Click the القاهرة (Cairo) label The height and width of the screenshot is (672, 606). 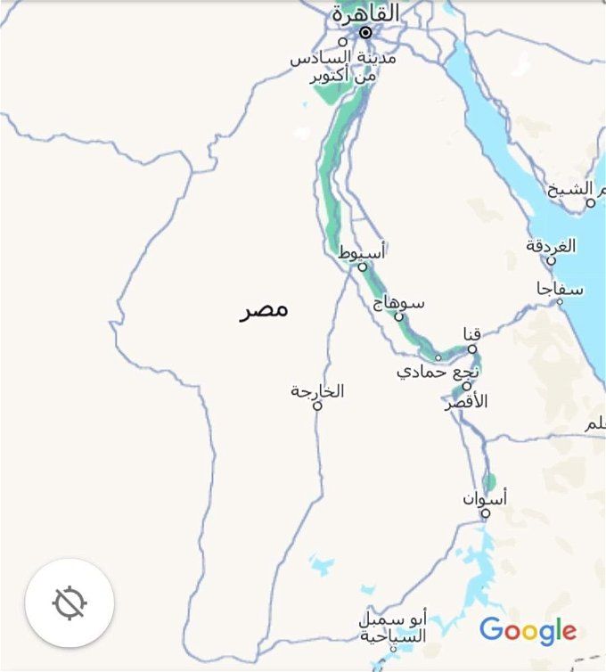pos(364,13)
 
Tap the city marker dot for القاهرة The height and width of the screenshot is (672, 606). pos(365,33)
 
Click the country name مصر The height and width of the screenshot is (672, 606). pos(265,309)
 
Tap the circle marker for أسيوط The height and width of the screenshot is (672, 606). pos(363,266)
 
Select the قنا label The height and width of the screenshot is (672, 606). pos(472,334)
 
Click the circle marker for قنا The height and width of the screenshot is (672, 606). pos(472,349)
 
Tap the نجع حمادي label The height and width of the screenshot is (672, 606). pos(439,370)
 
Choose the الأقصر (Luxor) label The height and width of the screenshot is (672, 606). pos(466,402)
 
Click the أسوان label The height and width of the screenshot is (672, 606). pos(485,499)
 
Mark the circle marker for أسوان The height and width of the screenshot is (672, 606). pos(486,513)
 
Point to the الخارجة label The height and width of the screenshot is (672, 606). pos(317,391)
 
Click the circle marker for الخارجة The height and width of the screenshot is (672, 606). pos(316,406)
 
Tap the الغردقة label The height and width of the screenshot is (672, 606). pos(551,245)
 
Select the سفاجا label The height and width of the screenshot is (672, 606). pos(561,288)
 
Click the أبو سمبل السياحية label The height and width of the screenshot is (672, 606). pos(393,627)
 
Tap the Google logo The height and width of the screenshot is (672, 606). pos(528,631)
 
